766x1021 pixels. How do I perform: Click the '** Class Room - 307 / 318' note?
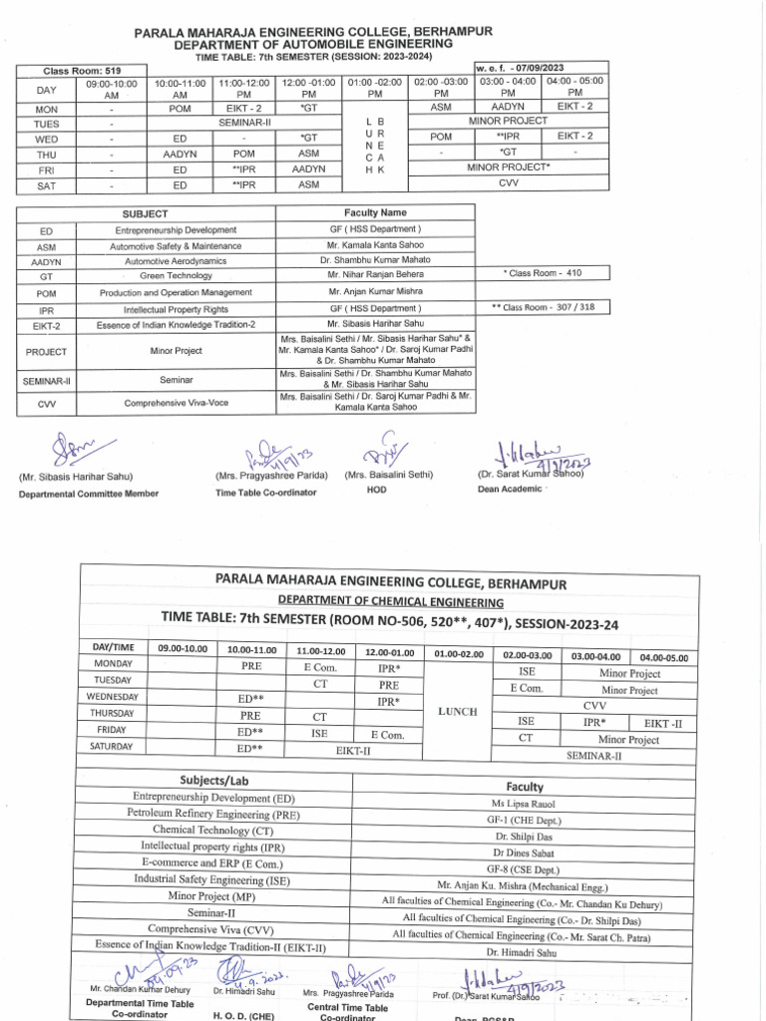pyautogui.click(x=543, y=307)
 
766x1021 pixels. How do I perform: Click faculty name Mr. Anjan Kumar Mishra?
pyautogui.click(x=375, y=292)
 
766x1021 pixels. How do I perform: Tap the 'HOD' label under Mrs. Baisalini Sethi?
pyautogui.click(x=376, y=491)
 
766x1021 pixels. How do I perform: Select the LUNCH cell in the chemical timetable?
pyautogui.click(x=459, y=711)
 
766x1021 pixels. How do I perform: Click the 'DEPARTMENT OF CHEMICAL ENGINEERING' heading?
pyautogui.click(x=390, y=602)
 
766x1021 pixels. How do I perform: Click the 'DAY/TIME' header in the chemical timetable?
pyautogui.click(x=113, y=648)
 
